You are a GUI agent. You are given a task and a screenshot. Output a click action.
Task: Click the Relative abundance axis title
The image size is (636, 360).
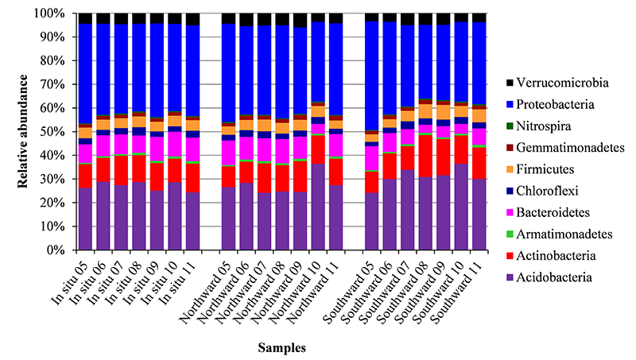[x=24, y=131]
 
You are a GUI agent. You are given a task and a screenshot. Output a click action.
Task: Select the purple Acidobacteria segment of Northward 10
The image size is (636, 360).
[x=317, y=207]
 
